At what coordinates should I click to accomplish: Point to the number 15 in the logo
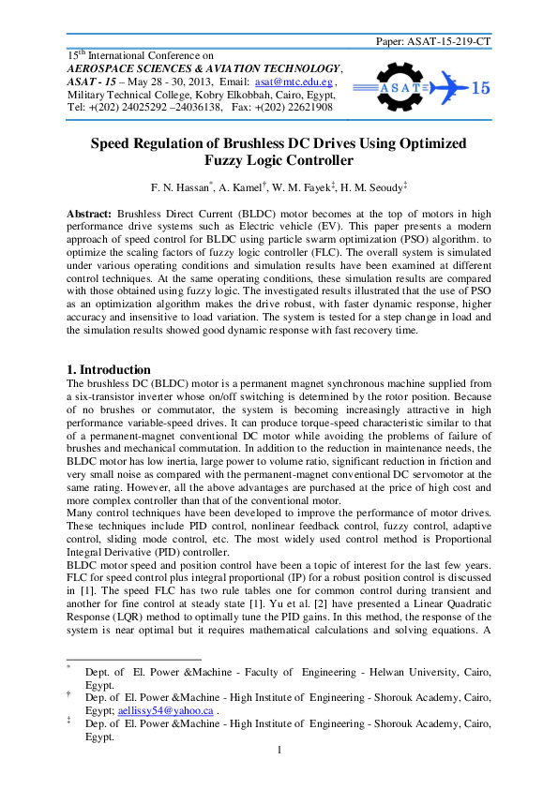(x=478, y=89)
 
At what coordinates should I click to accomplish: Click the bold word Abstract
(x=89, y=215)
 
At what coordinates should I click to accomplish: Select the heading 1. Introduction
(x=109, y=370)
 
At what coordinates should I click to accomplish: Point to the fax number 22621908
(x=303, y=108)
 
